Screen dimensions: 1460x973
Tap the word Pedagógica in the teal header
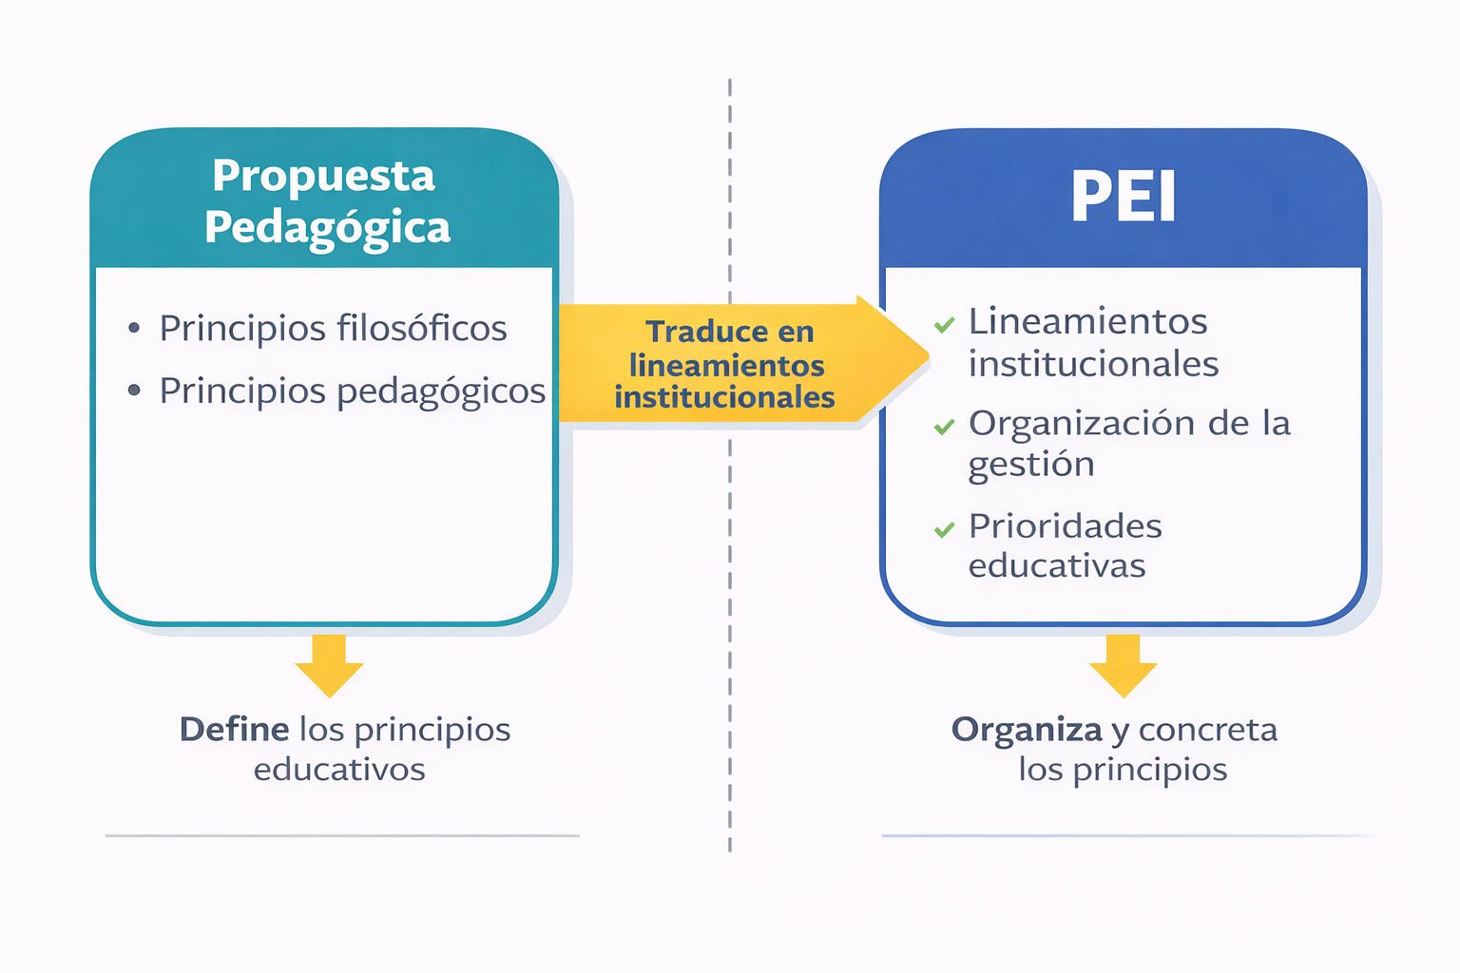coord(327,229)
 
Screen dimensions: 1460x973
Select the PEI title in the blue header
coord(1123,196)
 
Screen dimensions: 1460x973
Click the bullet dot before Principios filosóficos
coord(134,327)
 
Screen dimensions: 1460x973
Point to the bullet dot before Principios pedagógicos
coord(134,391)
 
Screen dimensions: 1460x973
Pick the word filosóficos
coord(422,327)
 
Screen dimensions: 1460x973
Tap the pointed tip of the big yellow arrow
coord(928,355)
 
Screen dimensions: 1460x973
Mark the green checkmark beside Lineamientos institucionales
coord(945,325)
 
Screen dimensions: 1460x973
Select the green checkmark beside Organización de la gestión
coord(945,427)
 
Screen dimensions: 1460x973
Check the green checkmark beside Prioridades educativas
coord(945,529)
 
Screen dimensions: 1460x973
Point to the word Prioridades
coord(1065,525)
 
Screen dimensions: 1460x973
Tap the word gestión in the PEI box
coord(1031,466)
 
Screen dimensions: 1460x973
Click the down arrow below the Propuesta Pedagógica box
coord(329,665)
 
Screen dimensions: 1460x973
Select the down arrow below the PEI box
coord(1123,665)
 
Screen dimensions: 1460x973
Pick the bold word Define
coord(235,729)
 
